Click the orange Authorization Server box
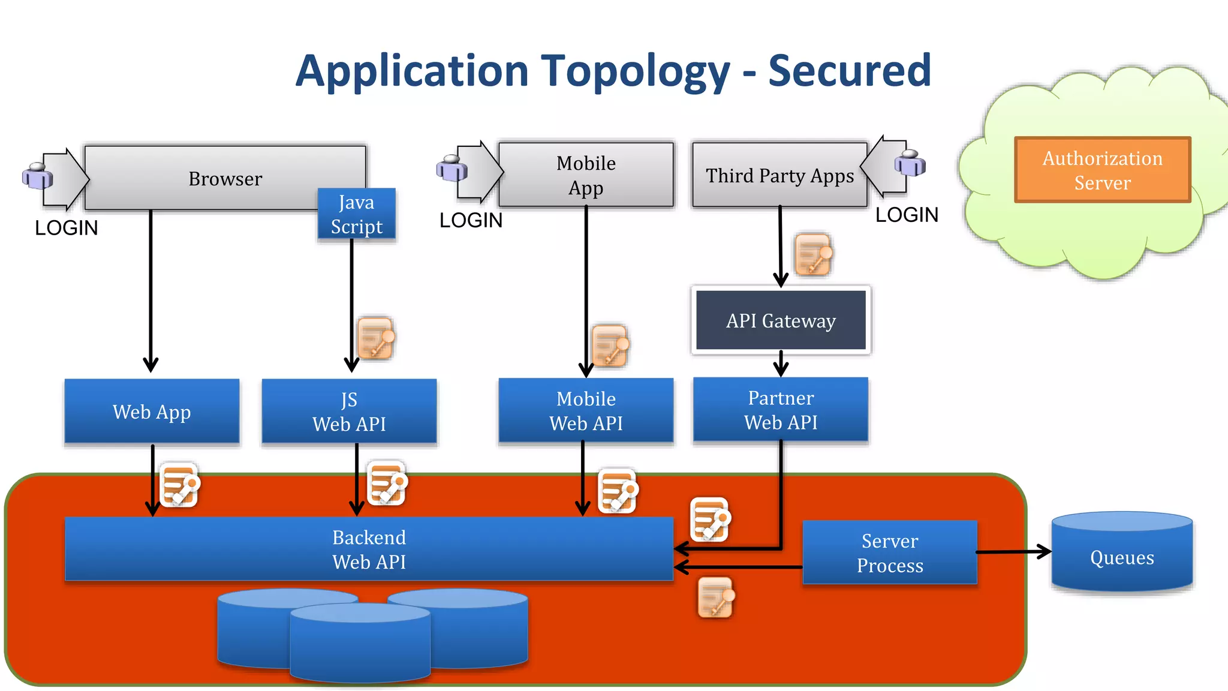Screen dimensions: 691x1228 click(x=1102, y=170)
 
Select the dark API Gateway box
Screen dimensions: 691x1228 click(x=781, y=320)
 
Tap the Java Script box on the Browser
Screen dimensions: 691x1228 click(x=356, y=214)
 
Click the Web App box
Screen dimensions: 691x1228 click(x=152, y=411)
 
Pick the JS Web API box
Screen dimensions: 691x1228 click(x=349, y=411)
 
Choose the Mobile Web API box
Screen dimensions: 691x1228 click(x=586, y=411)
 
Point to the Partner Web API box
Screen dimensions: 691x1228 click(x=781, y=410)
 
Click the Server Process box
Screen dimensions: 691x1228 click(x=890, y=552)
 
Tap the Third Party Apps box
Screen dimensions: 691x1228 click(x=779, y=175)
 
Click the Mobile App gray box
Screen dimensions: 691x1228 click(x=586, y=175)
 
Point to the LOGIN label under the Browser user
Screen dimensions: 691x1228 click(x=66, y=228)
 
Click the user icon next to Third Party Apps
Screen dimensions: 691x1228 click(x=910, y=163)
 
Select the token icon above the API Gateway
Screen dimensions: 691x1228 click(x=813, y=254)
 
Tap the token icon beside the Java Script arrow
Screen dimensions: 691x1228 click(x=375, y=338)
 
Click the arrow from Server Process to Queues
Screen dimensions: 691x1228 click(x=1013, y=552)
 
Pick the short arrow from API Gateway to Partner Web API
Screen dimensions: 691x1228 click(x=781, y=363)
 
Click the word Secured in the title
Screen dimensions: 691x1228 click(x=849, y=71)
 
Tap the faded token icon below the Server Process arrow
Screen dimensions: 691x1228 click(x=716, y=597)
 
